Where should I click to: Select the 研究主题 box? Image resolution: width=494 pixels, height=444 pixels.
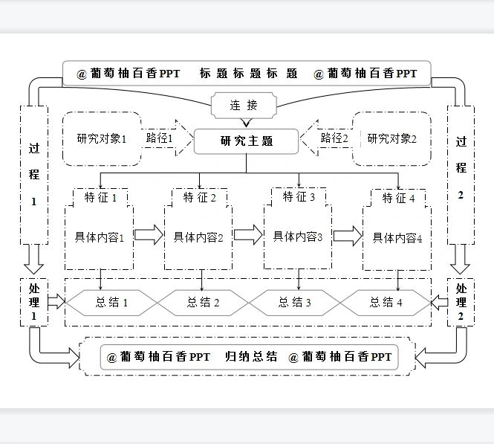(x=246, y=141)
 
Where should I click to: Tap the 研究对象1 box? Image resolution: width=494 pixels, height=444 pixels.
(x=101, y=138)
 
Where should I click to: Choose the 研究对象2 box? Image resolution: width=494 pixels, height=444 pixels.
(x=392, y=138)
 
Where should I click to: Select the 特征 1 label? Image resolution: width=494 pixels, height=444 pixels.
(x=101, y=198)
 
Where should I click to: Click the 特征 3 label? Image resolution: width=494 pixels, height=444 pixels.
(x=299, y=197)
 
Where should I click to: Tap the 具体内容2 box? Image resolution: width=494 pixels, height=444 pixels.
(x=199, y=237)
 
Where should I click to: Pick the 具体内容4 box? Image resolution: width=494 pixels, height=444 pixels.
(x=397, y=238)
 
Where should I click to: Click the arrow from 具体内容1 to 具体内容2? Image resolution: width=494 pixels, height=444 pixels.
(x=149, y=236)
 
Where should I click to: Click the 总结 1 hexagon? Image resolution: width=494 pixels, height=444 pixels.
(x=111, y=302)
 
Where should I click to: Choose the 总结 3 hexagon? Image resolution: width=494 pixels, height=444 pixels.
(x=295, y=302)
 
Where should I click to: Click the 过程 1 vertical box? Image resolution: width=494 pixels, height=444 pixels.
(x=33, y=175)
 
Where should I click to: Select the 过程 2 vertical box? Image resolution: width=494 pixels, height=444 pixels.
(x=461, y=175)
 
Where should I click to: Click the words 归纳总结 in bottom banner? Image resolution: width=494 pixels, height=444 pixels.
(x=251, y=357)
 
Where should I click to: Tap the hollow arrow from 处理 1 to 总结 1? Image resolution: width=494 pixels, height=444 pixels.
(x=56, y=302)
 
